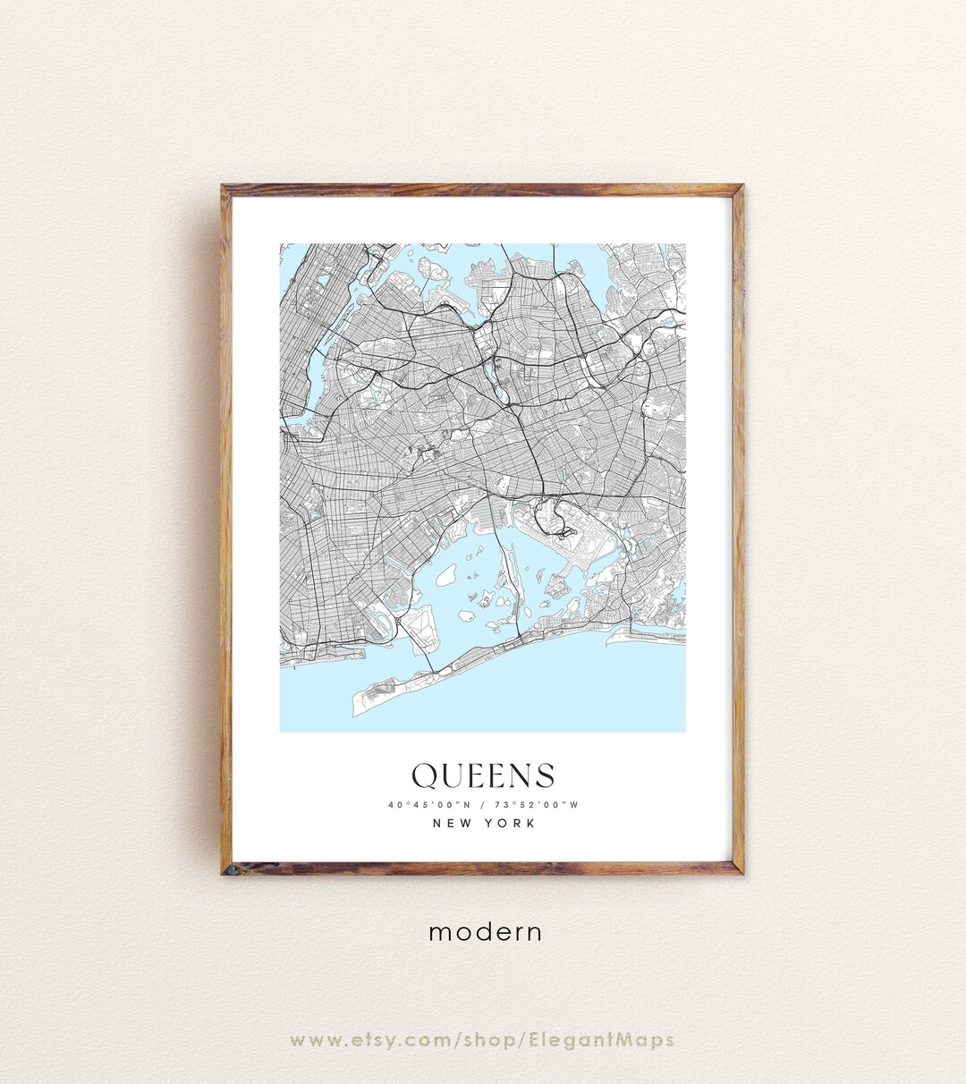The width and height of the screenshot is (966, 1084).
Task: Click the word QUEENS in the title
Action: pos(483,776)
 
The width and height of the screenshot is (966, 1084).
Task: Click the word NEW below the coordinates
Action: pos(453,824)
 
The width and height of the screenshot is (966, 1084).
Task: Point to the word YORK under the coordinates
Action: pos(510,824)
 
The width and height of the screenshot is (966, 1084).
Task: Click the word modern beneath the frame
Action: pos(485,932)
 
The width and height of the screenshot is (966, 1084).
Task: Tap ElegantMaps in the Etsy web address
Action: pos(614,1040)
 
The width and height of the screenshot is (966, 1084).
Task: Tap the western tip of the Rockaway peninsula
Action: pos(358,713)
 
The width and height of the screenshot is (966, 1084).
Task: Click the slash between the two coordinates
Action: pos(483,805)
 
